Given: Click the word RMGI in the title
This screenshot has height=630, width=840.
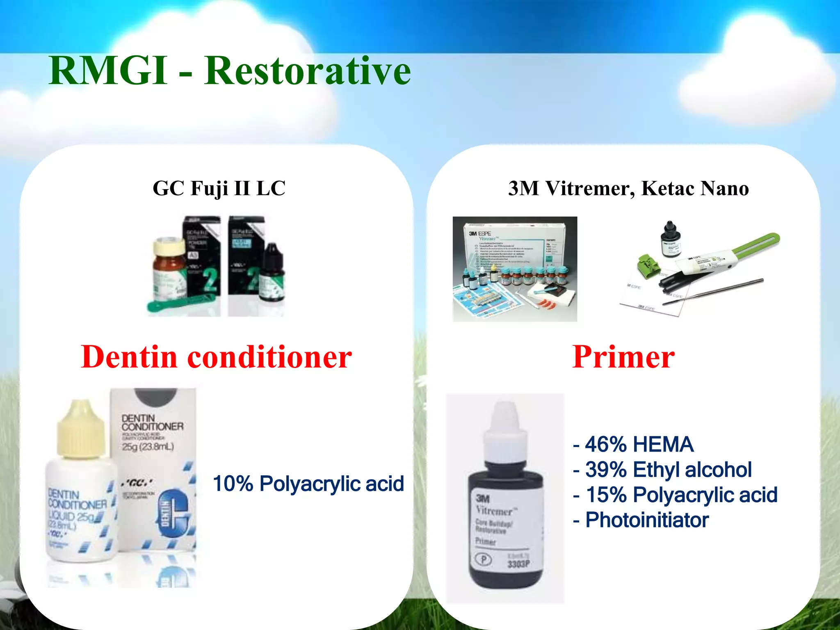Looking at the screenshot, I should [107, 71].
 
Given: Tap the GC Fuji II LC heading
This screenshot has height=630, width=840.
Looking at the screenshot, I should [219, 189].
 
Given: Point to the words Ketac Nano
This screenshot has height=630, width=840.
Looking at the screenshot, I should [695, 189].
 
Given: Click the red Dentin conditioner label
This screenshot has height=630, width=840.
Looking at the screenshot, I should [216, 357].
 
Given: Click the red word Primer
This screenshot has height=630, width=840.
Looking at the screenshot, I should [623, 357].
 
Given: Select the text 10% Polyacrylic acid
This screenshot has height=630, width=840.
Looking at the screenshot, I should [308, 484].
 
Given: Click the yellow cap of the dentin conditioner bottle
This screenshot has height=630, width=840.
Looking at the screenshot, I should [80, 429].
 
